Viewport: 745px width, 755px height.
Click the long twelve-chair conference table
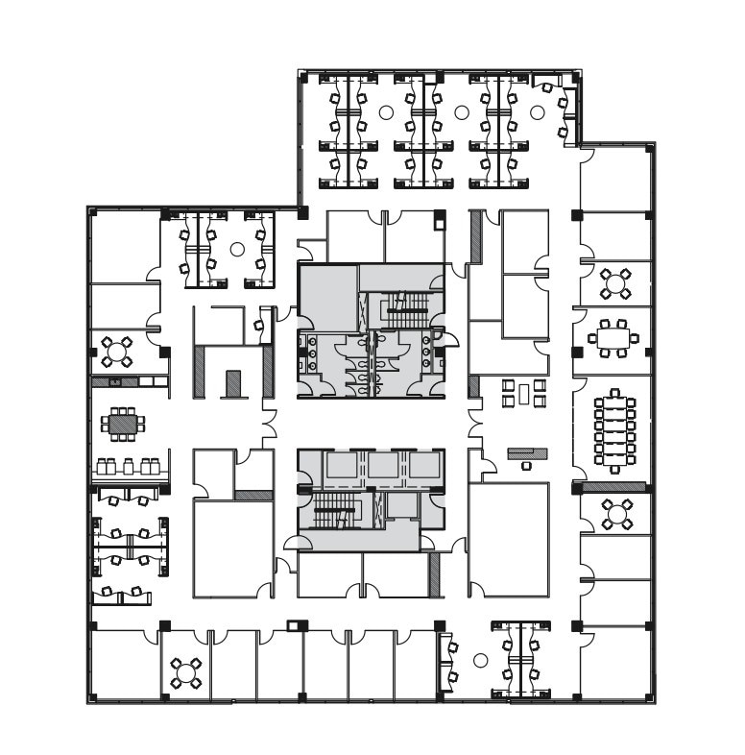click(x=613, y=431)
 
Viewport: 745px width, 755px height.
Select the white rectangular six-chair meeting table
click(x=613, y=338)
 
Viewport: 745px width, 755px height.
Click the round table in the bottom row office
click(x=185, y=672)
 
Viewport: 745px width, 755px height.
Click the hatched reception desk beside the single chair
click(x=527, y=452)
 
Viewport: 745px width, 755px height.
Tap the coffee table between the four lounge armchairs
click(x=523, y=392)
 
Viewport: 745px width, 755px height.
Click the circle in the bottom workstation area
click(x=481, y=661)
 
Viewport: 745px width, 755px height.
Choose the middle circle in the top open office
click(x=461, y=112)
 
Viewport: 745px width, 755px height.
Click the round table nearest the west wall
click(x=117, y=353)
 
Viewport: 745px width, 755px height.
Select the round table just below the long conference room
click(x=613, y=514)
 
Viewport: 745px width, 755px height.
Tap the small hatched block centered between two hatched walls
click(x=232, y=383)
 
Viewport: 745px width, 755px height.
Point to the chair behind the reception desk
click(x=526, y=466)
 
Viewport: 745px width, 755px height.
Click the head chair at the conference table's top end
click(x=613, y=395)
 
